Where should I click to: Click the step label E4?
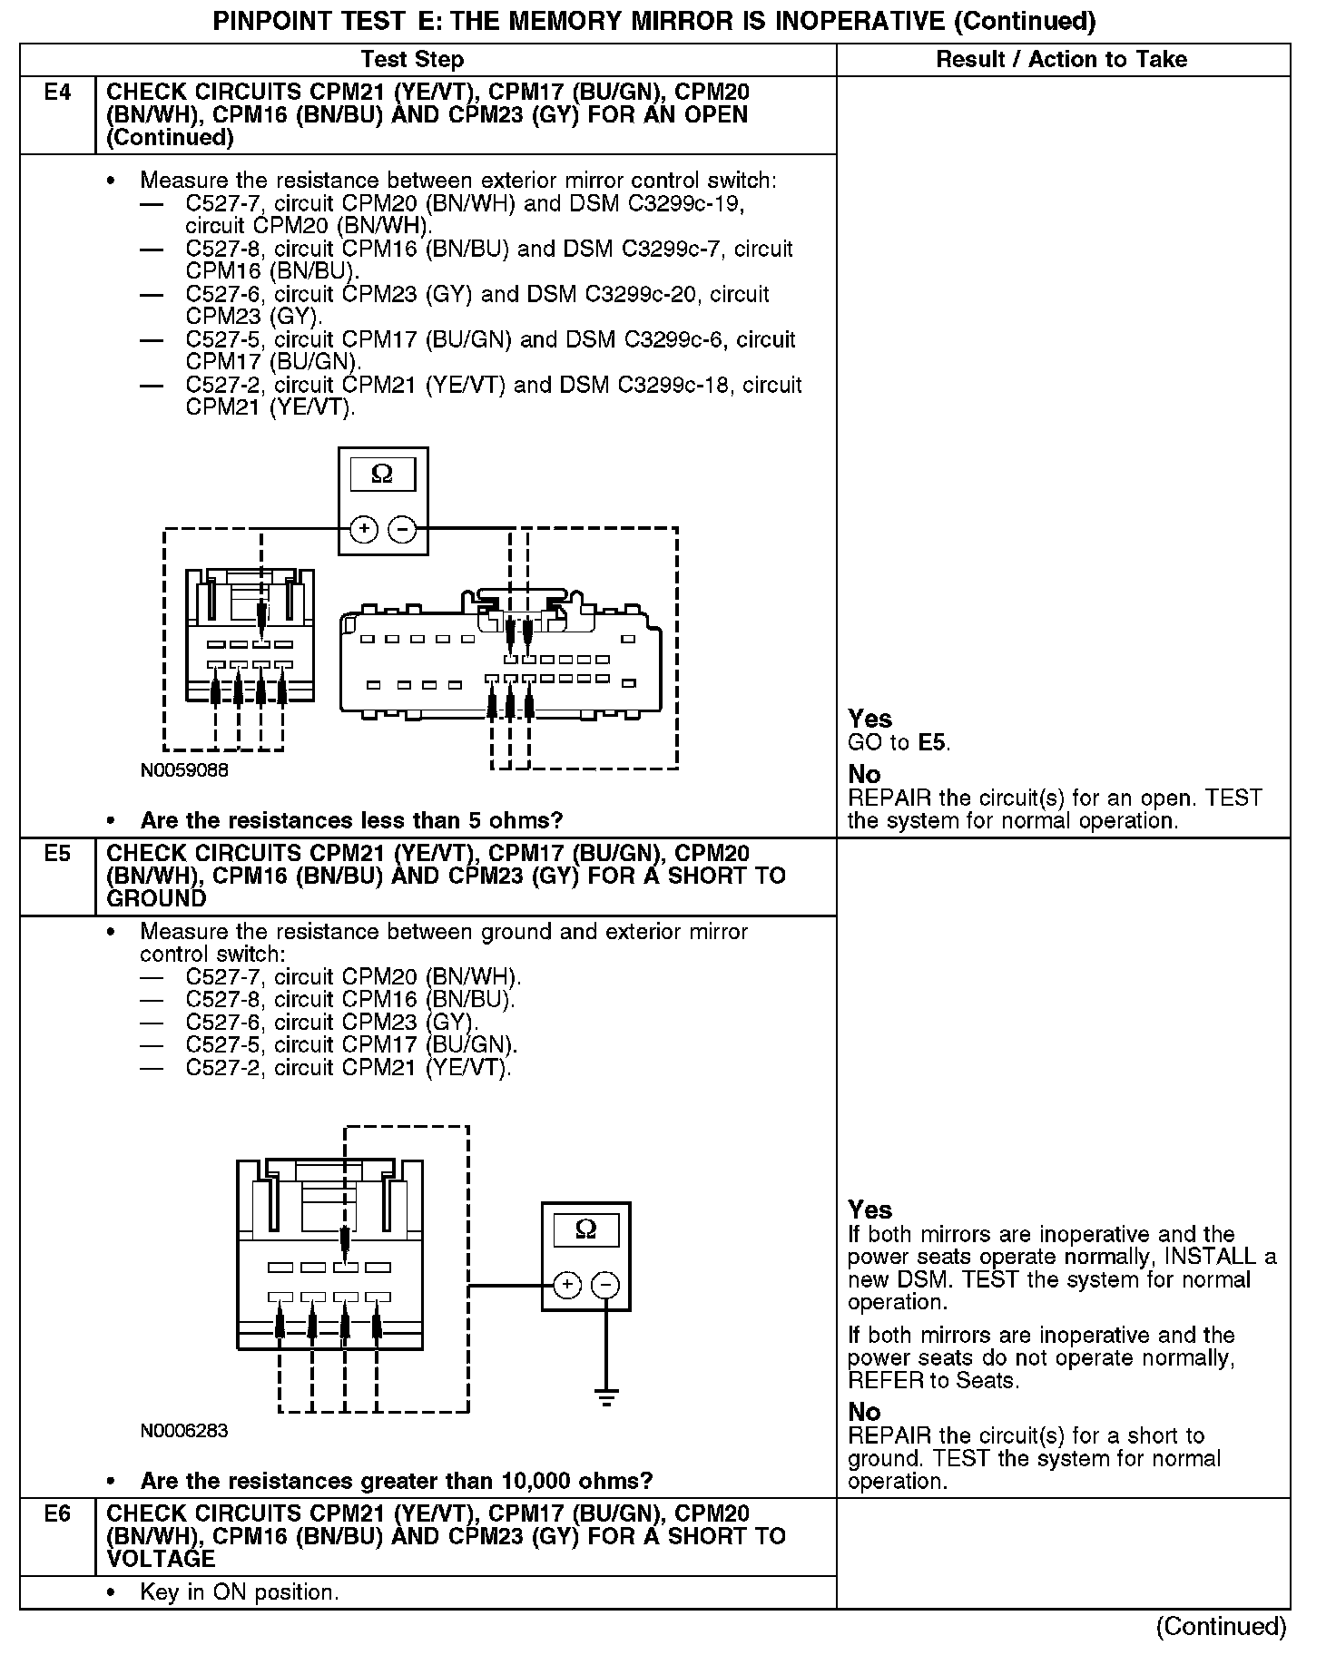point(57,93)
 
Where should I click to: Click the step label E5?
point(57,854)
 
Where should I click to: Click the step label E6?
point(57,1514)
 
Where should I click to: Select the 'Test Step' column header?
point(412,60)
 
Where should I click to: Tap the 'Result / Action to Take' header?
point(1061,60)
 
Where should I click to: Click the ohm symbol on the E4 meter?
point(382,475)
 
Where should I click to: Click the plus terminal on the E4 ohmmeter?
point(363,529)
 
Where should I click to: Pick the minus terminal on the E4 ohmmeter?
point(402,529)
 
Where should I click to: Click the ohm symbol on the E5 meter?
point(585,1230)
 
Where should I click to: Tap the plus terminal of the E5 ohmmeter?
point(566,1285)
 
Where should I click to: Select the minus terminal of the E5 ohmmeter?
point(605,1285)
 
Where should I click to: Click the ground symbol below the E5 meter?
point(606,1396)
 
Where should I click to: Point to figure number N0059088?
point(184,770)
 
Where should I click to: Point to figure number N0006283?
point(184,1431)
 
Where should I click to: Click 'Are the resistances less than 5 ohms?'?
point(351,821)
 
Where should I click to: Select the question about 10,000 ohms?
point(396,1482)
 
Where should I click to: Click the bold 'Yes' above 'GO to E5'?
point(869,719)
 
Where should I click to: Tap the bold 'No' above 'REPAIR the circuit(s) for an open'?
point(864,774)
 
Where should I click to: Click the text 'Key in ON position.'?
point(239,1592)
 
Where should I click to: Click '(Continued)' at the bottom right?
point(1221,1627)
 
